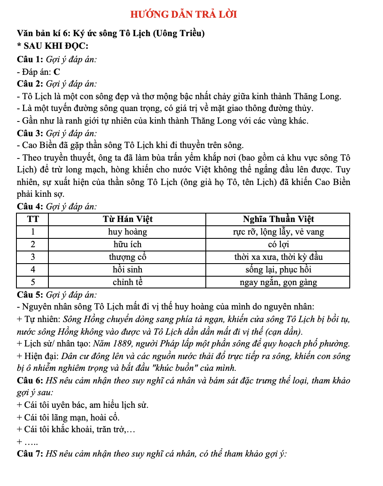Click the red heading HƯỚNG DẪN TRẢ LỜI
point(184,14)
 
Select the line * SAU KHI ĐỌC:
point(52,46)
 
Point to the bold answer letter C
point(56,72)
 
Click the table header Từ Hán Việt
point(128,219)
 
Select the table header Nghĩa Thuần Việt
point(278,219)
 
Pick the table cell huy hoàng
point(128,232)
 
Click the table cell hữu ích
point(128,244)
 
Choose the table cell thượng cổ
point(128,257)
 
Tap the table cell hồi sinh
point(128,269)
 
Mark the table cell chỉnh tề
point(128,282)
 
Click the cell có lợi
point(278,244)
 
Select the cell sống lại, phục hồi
point(278,269)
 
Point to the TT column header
point(33,219)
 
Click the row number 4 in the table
point(33,269)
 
